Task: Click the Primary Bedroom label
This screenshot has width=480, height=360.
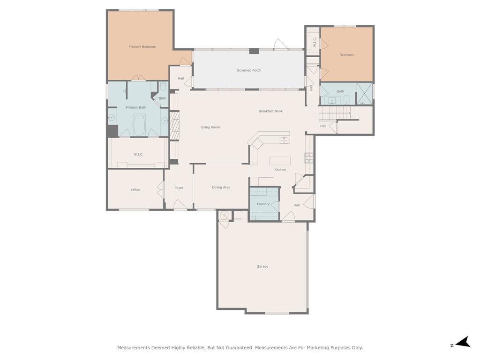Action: point(142,47)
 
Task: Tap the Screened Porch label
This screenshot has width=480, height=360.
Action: point(249,70)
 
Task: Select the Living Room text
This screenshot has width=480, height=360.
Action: point(210,127)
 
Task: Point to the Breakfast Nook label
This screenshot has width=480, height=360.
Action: point(270,111)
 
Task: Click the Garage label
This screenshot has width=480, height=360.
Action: point(262,267)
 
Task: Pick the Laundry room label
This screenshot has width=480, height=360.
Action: point(263,204)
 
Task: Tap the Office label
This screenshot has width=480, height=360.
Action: point(135,190)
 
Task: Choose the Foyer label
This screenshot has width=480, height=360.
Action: point(179,188)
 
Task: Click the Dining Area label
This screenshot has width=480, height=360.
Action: point(221,187)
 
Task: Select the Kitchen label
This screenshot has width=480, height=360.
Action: point(280,170)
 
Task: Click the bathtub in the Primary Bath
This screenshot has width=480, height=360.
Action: point(139,125)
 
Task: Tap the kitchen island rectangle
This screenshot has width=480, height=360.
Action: point(280,161)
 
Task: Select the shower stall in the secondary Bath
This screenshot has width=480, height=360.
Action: point(365,94)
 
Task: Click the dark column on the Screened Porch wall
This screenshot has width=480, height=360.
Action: point(254,51)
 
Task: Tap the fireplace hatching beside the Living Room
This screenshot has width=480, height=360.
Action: point(174,126)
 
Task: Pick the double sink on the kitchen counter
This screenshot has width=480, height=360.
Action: point(284,141)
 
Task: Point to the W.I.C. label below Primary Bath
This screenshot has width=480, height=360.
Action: point(138,154)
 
